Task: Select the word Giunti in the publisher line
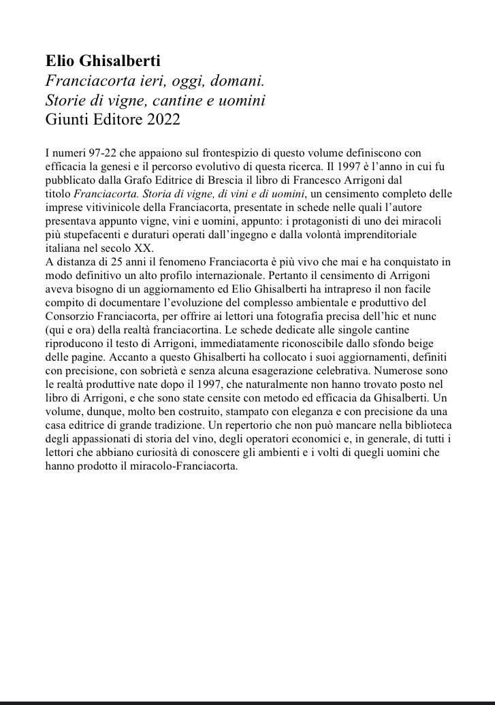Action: tap(67, 120)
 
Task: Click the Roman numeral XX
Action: tap(145, 247)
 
